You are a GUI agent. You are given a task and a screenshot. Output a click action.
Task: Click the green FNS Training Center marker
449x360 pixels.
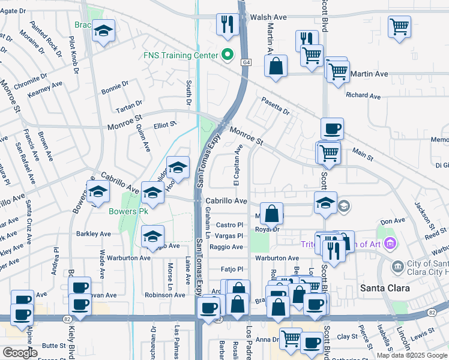point(227,55)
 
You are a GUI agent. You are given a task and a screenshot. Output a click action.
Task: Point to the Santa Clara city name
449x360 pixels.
point(385,288)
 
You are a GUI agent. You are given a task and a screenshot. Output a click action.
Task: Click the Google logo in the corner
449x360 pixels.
point(20,353)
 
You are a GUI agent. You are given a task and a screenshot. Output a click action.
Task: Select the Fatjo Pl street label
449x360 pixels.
point(231,269)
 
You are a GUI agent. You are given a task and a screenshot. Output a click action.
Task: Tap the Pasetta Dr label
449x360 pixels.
point(274,107)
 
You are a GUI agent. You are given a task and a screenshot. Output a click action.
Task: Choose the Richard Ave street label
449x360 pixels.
point(364,96)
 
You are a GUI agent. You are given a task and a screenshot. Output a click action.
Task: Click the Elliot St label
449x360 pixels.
point(165,125)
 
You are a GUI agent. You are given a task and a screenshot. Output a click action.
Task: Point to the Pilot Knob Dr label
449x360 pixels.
point(74,55)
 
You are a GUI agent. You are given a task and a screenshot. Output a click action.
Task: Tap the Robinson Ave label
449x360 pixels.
point(164,295)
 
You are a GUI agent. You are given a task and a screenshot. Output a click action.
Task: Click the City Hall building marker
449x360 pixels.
point(397,266)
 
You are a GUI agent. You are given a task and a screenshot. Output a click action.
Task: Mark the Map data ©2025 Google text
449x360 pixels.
point(412,355)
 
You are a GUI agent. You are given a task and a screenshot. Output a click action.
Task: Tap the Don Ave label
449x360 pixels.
point(393,221)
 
